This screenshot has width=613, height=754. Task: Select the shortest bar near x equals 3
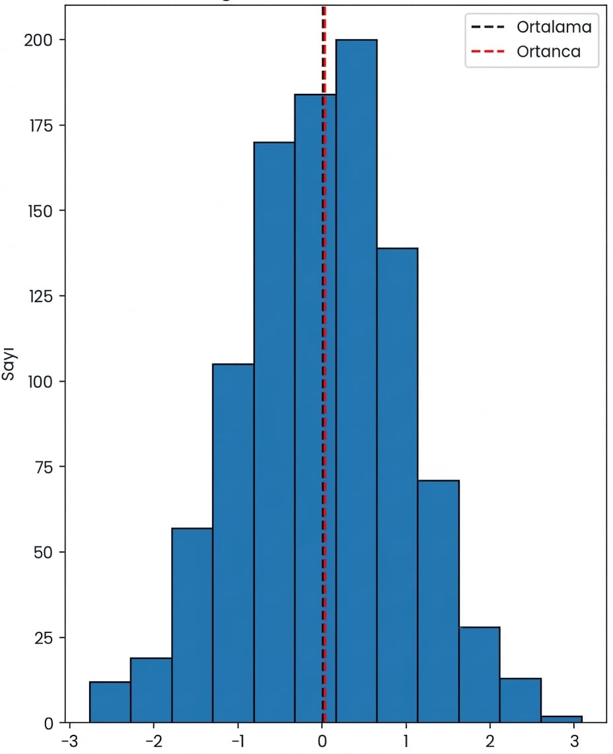pos(561,719)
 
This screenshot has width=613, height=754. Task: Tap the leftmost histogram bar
pos(110,702)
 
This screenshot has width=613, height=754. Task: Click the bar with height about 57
pos(192,625)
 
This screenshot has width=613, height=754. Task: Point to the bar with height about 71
pos(438,601)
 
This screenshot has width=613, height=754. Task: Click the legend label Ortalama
pos(554,28)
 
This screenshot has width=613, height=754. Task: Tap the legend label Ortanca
pos(548,51)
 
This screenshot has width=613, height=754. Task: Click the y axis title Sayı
pos(9,365)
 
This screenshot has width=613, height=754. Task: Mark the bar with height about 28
pos(480,675)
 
